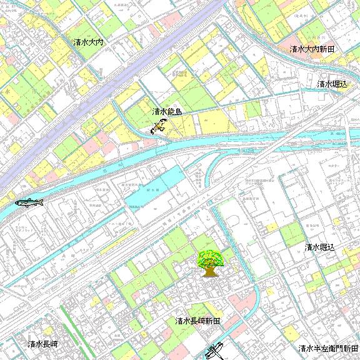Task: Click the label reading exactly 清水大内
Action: point(87,42)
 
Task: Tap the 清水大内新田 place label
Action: point(312,49)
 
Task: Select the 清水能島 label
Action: point(167,112)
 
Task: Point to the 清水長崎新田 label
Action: point(197,321)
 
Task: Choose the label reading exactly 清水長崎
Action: point(43,344)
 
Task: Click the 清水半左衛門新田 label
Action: point(328,349)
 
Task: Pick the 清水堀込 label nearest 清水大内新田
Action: point(331,84)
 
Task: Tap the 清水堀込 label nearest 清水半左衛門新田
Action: point(320,247)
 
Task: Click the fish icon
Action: point(29,202)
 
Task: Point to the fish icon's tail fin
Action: point(17,202)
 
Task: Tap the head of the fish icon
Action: point(42,201)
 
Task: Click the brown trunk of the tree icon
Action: point(209,271)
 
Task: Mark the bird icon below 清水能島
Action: point(158,128)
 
